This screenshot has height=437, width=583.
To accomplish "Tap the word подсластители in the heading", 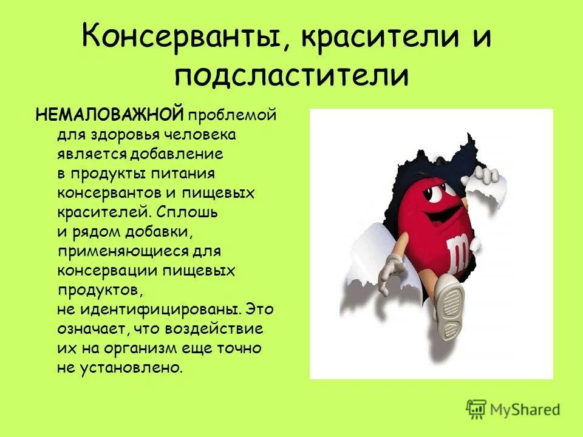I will point(291,76).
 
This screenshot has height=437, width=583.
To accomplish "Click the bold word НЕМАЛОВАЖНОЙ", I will point(110,115).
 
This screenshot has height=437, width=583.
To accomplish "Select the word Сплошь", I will point(185,212).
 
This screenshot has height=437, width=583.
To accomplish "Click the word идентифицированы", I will point(160,310).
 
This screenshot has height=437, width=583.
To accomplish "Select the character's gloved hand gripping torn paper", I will point(486,175).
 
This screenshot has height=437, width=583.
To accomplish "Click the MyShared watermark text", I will point(526,410).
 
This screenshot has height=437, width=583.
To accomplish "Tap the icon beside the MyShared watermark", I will point(477,409).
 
